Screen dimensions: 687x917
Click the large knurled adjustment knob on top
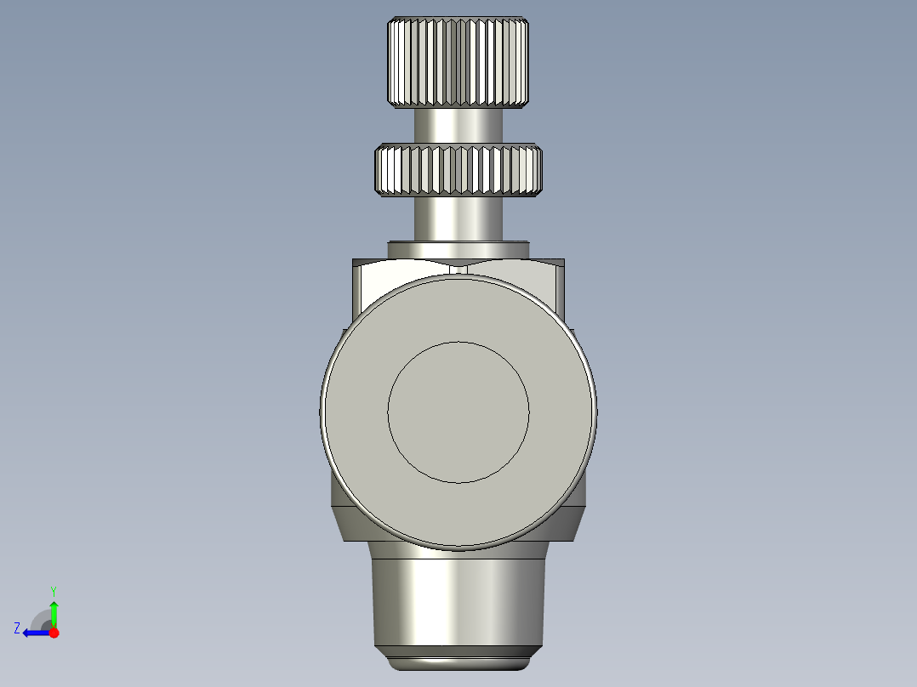tap(458, 62)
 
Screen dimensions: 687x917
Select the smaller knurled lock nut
tap(458, 170)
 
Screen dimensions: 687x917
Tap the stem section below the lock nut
tap(458, 218)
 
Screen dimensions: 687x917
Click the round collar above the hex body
tap(458, 250)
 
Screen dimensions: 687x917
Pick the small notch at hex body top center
tap(458, 269)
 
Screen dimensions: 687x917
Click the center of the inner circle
tap(458, 412)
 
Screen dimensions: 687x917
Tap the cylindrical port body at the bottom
tap(458, 599)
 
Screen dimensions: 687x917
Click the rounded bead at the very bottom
tap(458, 661)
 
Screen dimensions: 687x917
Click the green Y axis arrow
tap(54, 613)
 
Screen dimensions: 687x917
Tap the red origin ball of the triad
tap(54, 633)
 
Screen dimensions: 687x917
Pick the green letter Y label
tap(54, 590)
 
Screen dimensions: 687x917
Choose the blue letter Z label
tap(17, 628)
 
